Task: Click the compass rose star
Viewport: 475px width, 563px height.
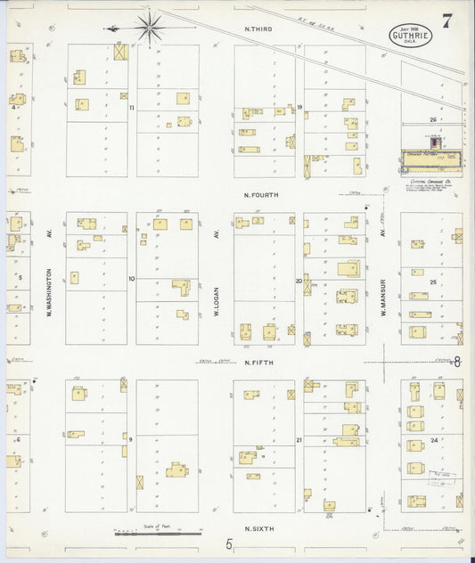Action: pyautogui.click(x=149, y=27)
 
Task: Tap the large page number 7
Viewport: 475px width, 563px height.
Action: pyautogui.click(x=446, y=22)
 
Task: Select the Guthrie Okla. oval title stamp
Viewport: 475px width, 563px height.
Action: pyautogui.click(x=410, y=38)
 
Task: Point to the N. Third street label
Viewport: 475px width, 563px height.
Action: pyautogui.click(x=258, y=30)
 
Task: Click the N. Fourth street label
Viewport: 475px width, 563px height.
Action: pyautogui.click(x=263, y=194)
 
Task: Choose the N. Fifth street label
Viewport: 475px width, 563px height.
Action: pyautogui.click(x=260, y=363)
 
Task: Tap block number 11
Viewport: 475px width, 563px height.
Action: pyautogui.click(x=131, y=108)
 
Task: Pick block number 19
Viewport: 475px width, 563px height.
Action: pyautogui.click(x=300, y=108)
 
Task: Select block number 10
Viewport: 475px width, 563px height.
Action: pyautogui.click(x=131, y=279)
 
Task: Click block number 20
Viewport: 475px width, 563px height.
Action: pyautogui.click(x=299, y=281)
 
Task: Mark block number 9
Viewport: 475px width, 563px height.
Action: pyautogui.click(x=130, y=439)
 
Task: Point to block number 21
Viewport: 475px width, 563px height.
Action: pyautogui.click(x=299, y=440)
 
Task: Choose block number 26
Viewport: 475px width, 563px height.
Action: pyautogui.click(x=433, y=119)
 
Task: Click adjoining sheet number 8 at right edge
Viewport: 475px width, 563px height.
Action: pyautogui.click(x=457, y=362)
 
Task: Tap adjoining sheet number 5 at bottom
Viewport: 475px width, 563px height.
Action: pyautogui.click(x=228, y=543)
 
